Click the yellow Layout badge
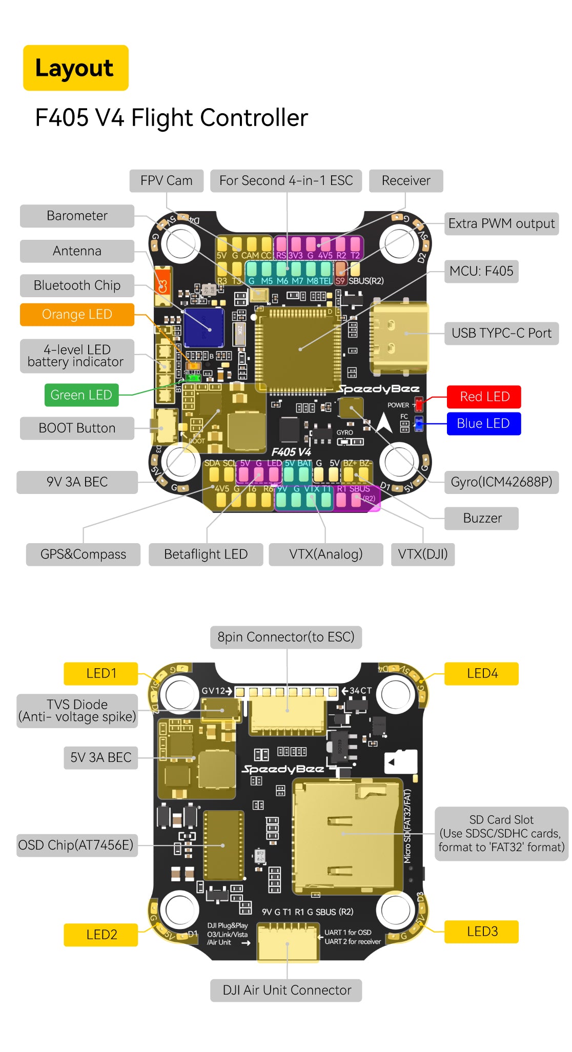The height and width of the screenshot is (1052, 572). (x=75, y=68)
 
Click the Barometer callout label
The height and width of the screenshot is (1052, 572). (x=77, y=216)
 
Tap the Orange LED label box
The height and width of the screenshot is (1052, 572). (x=77, y=314)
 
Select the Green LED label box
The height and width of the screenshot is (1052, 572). (x=81, y=395)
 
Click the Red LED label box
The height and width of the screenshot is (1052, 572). (x=484, y=397)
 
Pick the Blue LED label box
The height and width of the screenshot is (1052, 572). (x=483, y=424)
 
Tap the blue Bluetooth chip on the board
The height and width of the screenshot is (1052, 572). (x=204, y=327)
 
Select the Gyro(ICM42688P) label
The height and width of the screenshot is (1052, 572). (x=501, y=482)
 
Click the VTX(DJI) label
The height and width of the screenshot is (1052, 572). (x=422, y=554)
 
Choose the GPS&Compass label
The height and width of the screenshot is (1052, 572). (x=83, y=554)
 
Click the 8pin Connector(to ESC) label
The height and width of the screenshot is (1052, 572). (x=286, y=637)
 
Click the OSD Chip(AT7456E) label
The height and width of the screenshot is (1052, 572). (x=76, y=845)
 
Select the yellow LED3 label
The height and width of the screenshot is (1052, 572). (x=482, y=932)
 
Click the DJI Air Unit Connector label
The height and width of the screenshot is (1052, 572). (x=287, y=990)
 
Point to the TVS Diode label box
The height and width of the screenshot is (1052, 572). (x=77, y=711)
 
